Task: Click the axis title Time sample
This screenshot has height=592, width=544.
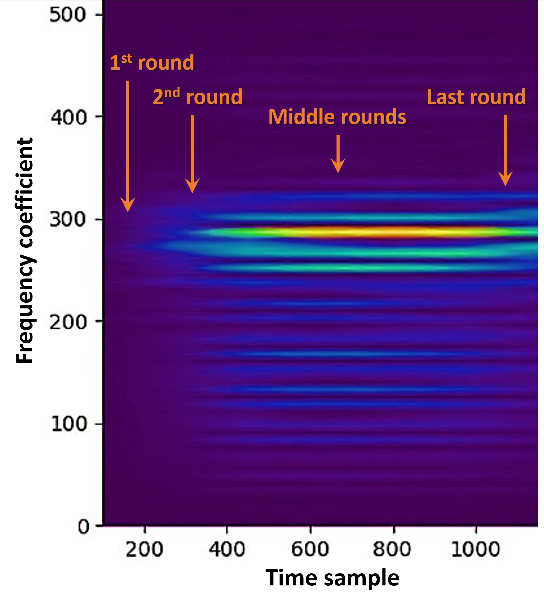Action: click(332, 578)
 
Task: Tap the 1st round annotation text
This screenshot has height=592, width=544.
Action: click(152, 62)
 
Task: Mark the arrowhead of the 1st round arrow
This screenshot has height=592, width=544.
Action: click(128, 205)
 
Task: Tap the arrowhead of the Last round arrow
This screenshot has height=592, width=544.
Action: click(505, 179)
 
